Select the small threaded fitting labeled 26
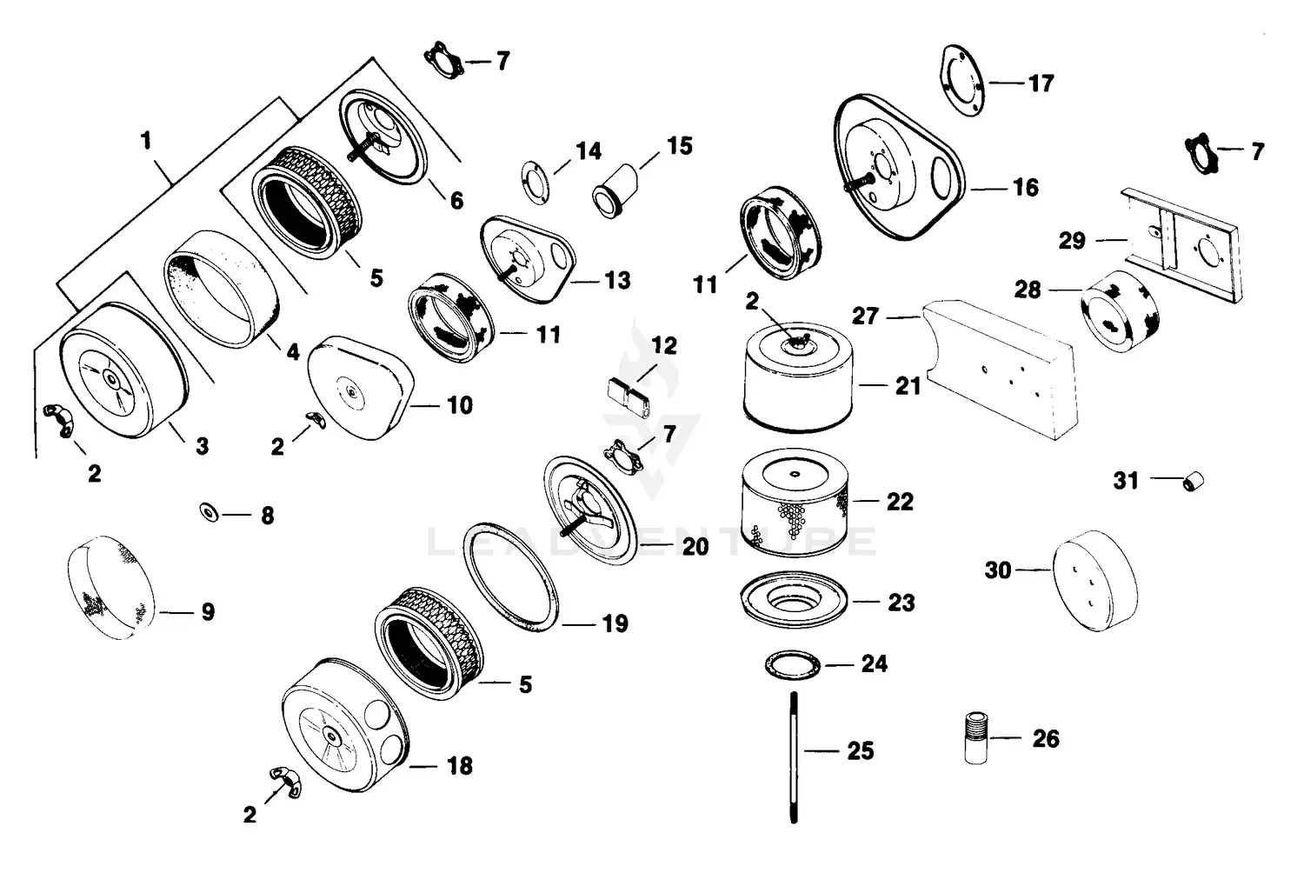tap(977, 738)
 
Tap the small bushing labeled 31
tap(1195, 480)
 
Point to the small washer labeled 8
tap(209, 512)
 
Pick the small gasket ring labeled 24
tap(793, 664)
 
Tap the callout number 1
tap(146, 140)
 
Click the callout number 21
tap(908, 385)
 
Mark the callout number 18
tap(459, 765)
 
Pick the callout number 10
tap(459, 405)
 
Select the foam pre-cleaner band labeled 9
tap(110, 588)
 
